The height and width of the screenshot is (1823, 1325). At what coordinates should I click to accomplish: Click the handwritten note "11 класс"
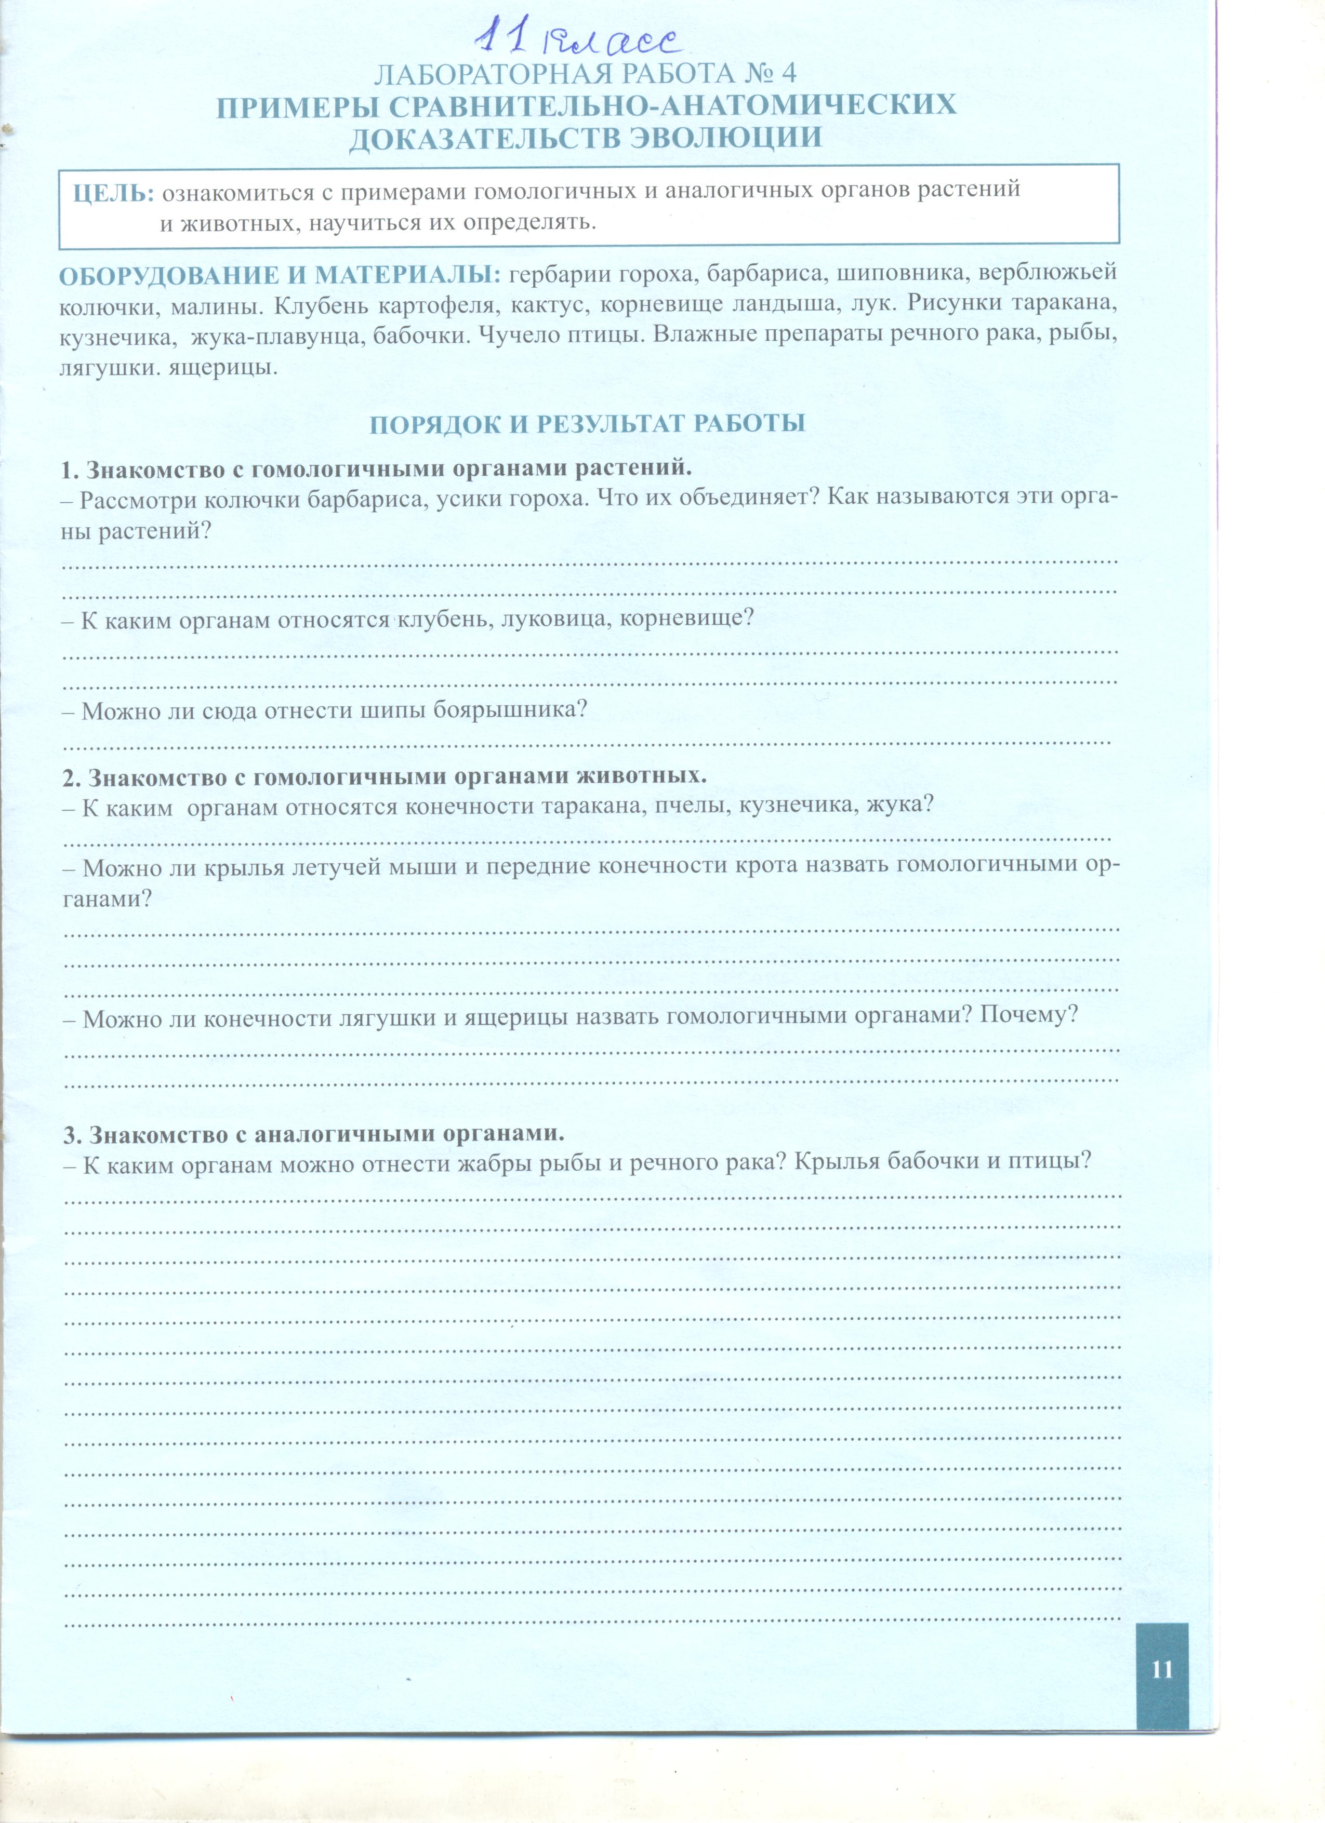tap(577, 40)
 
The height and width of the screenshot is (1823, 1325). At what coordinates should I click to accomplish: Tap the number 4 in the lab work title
tap(787, 74)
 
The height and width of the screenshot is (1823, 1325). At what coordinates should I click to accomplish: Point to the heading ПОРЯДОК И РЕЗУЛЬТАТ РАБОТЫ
tap(587, 424)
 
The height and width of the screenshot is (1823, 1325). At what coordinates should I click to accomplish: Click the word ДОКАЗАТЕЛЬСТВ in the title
tap(484, 138)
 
